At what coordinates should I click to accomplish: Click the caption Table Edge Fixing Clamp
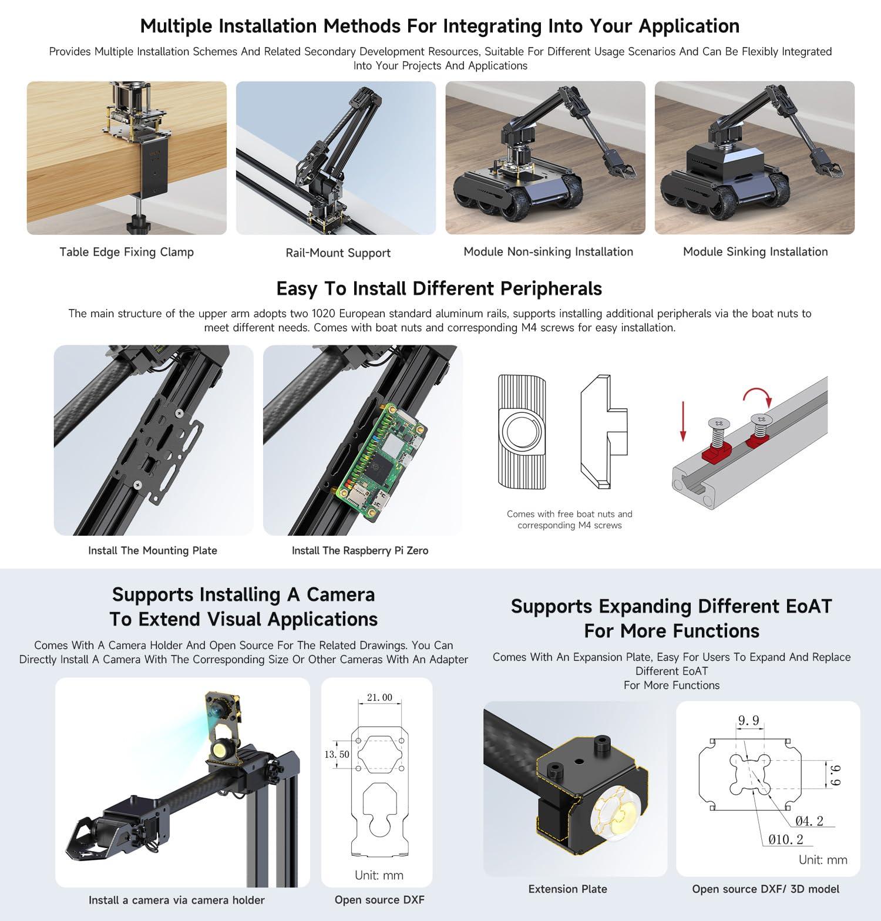(126, 252)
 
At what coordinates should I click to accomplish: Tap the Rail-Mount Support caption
(338, 253)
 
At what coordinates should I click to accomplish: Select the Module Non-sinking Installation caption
(548, 252)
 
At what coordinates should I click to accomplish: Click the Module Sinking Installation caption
(755, 252)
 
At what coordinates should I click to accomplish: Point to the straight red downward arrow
(682, 421)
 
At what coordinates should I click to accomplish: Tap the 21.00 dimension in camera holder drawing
(379, 697)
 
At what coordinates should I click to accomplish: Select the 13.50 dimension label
(337, 754)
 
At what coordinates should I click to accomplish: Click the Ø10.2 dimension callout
(785, 839)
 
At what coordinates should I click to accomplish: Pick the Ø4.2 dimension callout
(809, 821)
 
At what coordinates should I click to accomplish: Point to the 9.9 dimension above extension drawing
(748, 721)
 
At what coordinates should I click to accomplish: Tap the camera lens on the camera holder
(219, 711)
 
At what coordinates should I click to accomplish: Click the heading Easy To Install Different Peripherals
(439, 288)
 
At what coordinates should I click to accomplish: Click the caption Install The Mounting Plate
(153, 550)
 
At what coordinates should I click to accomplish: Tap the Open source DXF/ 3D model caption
(765, 889)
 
